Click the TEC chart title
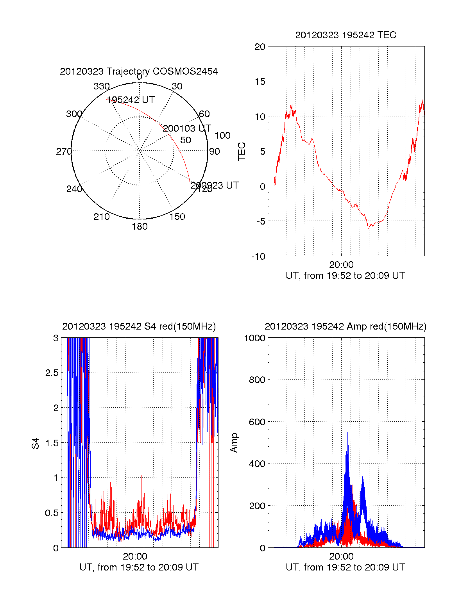[345, 35]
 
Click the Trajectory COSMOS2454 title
[139, 71]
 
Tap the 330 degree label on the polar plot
[102, 86]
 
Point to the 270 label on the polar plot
[64, 152]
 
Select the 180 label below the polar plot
[140, 226]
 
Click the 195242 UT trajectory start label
[131, 100]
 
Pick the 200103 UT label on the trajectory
[187, 128]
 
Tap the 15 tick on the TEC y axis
[260, 82]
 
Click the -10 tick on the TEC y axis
[258, 257]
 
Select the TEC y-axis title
[242, 152]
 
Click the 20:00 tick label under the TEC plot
[341, 265]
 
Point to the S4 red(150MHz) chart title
[139, 326]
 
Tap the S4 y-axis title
[36, 443]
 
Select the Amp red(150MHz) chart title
[345, 326]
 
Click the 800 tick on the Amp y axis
[257, 380]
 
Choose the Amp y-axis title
[234, 443]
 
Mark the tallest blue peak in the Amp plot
[348, 415]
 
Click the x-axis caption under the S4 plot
[139, 567]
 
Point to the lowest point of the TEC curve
[368, 228]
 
